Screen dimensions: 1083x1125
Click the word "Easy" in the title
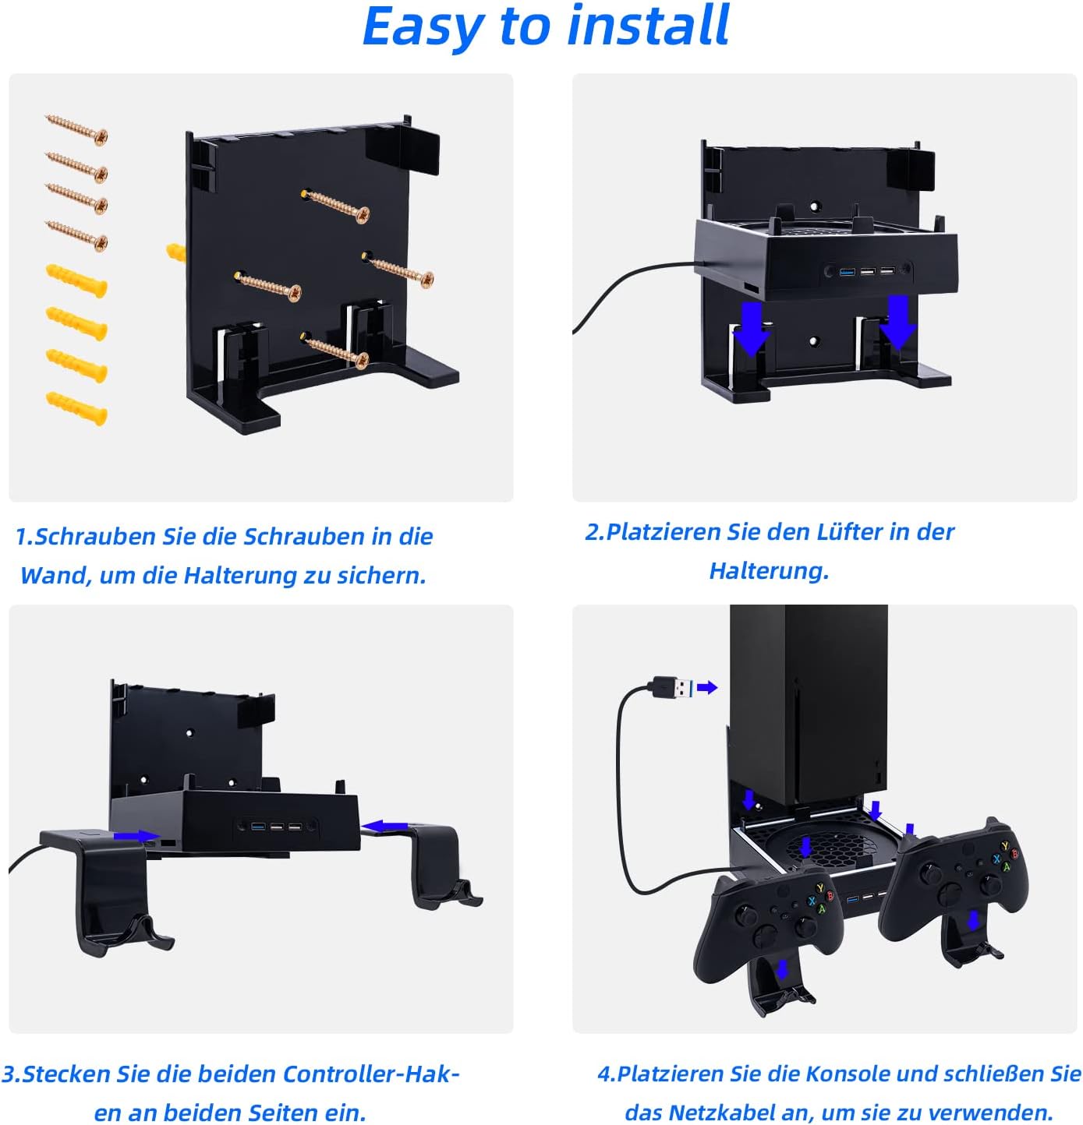click(423, 28)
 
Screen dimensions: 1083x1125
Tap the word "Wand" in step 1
click(55, 576)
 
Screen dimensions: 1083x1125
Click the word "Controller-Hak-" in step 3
click(371, 1074)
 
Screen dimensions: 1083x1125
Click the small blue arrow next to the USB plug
click(706, 687)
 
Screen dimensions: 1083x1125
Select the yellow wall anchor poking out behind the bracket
click(175, 252)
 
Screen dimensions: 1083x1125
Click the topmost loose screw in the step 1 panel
click(76, 129)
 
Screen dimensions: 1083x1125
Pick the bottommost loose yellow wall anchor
click(76, 408)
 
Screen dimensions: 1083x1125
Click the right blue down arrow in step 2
click(898, 322)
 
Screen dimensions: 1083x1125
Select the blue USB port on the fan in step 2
click(847, 271)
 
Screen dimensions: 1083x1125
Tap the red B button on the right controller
click(1014, 854)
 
